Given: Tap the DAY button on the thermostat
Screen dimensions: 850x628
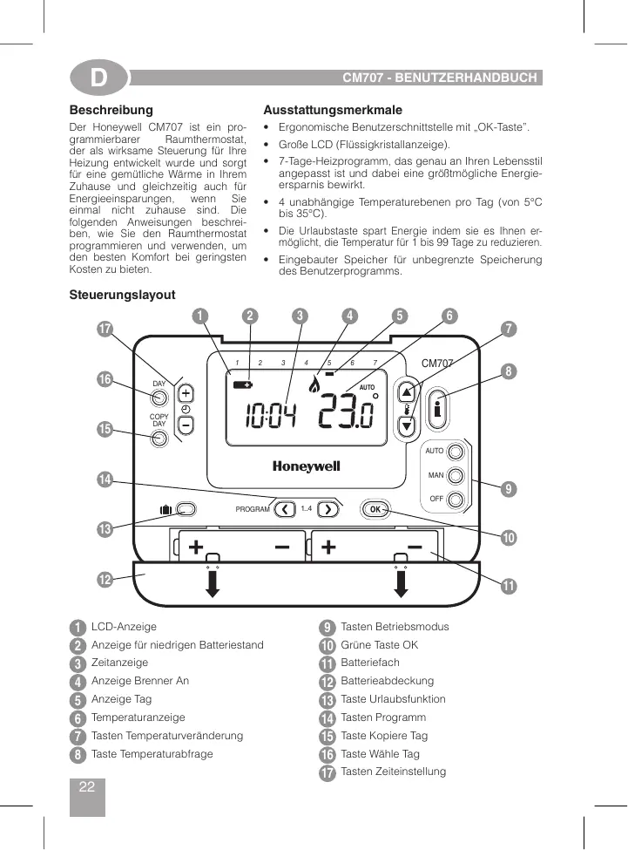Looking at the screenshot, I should click(159, 398).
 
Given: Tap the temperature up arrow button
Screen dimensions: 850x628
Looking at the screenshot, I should click(407, 391).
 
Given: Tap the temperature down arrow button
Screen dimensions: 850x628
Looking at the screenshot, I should click(407, 425).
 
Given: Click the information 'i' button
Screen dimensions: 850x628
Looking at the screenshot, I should click(439, 407).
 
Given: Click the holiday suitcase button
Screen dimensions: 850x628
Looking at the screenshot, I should click(184, 509).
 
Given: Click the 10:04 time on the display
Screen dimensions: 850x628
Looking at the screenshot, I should click(270, 418).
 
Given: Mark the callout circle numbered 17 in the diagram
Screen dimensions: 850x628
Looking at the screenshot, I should click(105, 330).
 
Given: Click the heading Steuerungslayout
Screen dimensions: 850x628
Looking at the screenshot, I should click(122, 296).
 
